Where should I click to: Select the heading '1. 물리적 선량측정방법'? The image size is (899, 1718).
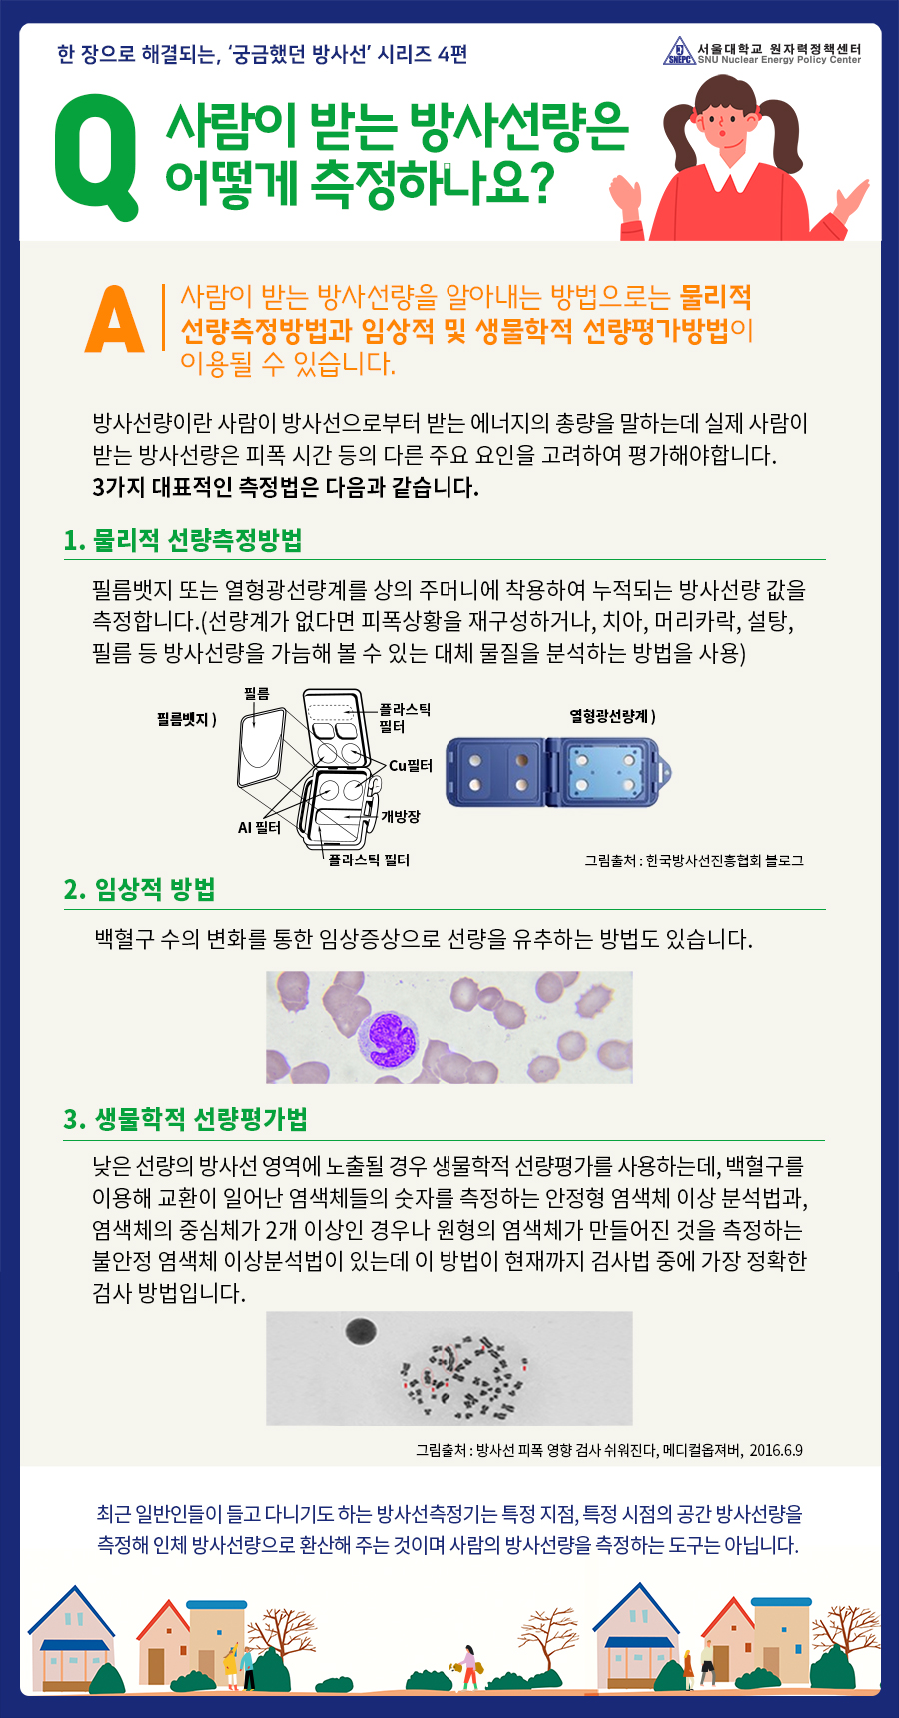182,541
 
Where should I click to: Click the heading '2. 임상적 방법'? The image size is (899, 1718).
139,890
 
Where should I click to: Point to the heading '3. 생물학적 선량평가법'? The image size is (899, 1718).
185,1119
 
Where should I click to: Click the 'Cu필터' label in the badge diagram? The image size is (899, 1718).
410,766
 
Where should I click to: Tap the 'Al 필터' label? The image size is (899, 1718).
259,828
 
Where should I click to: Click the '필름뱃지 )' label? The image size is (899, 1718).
187,719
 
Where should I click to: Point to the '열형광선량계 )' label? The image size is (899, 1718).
613,716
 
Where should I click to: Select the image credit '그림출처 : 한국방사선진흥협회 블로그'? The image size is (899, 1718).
694,859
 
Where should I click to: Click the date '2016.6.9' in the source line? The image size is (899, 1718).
776,1450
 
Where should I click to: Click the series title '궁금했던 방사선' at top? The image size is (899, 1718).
298,53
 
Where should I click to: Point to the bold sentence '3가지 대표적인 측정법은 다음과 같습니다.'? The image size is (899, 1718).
286,488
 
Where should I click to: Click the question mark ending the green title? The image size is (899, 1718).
538,183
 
